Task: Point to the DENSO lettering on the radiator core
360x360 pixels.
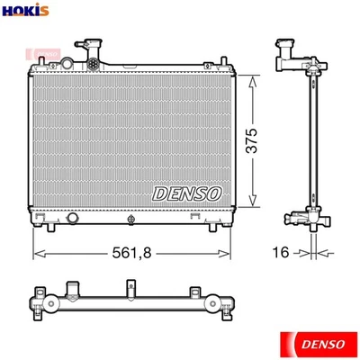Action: [x=186, y=192]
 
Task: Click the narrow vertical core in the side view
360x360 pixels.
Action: [x=310, y=135]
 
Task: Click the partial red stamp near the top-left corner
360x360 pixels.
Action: [x=40, y=54]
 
